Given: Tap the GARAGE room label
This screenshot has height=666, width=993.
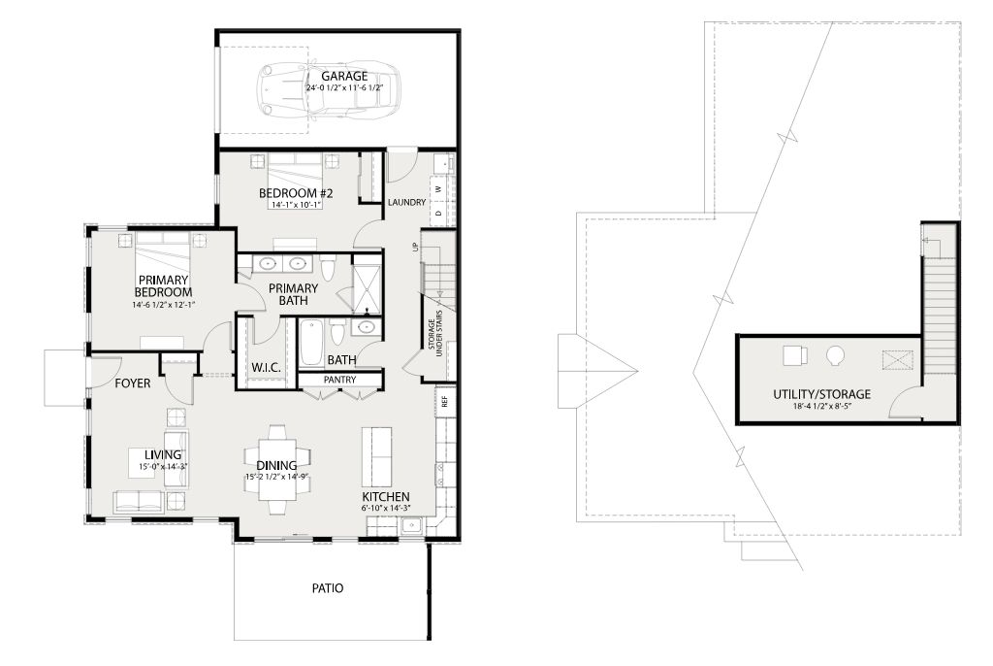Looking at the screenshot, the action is pos(344,76).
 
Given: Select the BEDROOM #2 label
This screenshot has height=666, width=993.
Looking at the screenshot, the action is pos(296,193).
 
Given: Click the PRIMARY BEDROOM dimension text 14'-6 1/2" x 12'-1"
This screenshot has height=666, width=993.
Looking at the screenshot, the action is pos(163,305).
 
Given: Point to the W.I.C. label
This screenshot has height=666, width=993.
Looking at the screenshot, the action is pos(266,367).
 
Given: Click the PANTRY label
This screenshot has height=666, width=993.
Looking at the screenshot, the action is pos(340,380).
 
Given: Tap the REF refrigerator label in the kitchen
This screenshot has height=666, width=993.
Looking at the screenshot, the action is pos(444,402).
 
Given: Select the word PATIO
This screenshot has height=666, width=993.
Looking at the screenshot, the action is pos(328,588).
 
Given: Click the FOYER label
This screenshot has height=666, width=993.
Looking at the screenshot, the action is pos(133,383).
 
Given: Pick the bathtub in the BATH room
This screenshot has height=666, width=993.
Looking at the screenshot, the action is pos(310,343).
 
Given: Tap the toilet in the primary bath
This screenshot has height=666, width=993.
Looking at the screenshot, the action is pos(328,269).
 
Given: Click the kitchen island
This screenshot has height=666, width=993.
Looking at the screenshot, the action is pos(376,456).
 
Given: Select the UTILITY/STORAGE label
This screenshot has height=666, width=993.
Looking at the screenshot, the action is pos(821,394).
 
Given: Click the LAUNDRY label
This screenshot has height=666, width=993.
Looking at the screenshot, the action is pos(406,202).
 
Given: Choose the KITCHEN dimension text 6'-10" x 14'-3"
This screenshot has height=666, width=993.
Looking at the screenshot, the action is pos(385,508).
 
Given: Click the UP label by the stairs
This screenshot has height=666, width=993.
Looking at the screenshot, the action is pos(416,247).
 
